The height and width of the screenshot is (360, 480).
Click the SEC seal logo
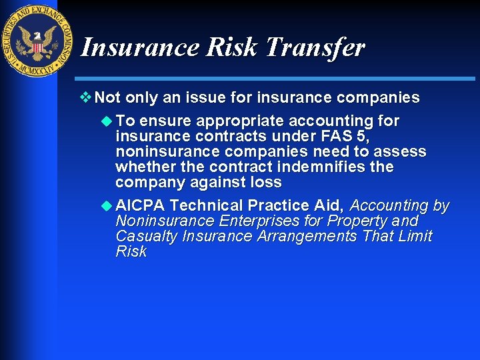pyautogui.click(x=39, y=41)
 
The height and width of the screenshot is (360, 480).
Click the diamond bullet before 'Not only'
pyautogui.click(x=85, y=98)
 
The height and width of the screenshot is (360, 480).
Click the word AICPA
pyautogui.click(x=141, y=206)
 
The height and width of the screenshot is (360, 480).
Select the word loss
pyautogui.click(x=266, y=183)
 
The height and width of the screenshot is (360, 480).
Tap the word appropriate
pyautogui.click(x=240, y=121)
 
